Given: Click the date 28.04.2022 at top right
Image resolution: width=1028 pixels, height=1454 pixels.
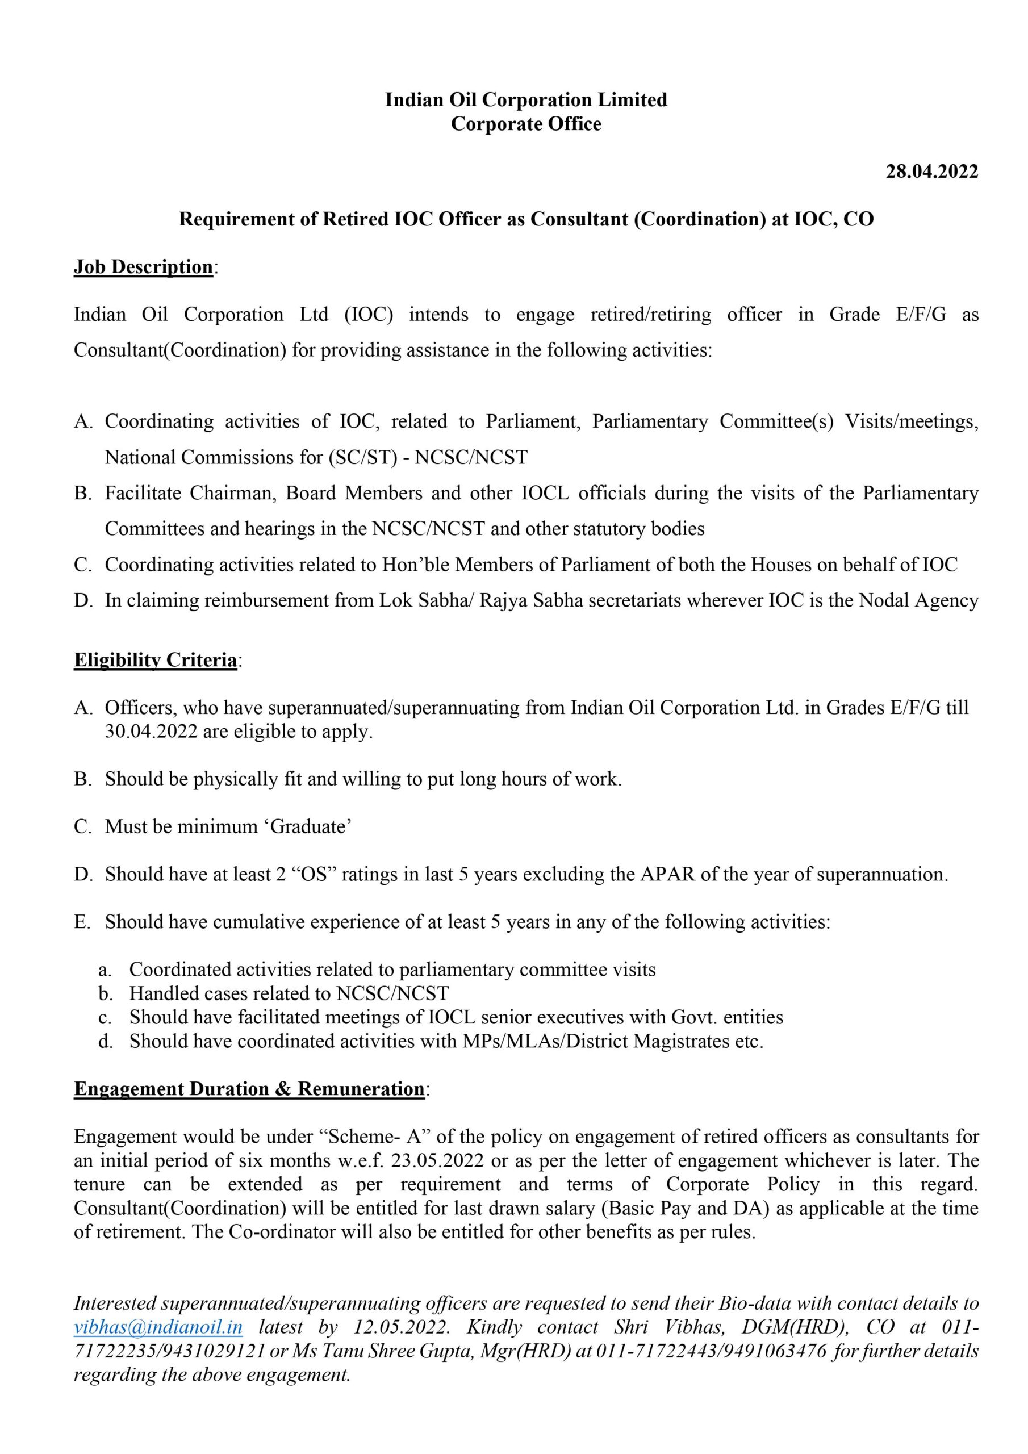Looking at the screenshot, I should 931,172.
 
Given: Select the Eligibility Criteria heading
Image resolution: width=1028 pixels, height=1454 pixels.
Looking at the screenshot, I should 155,660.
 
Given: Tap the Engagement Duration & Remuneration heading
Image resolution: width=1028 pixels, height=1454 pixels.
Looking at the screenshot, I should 249,1089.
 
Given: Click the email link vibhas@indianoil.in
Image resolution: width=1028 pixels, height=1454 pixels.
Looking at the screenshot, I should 158,1327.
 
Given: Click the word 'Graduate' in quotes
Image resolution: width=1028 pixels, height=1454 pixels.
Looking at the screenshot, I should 310,826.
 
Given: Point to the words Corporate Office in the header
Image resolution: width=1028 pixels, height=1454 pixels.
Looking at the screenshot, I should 526,124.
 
